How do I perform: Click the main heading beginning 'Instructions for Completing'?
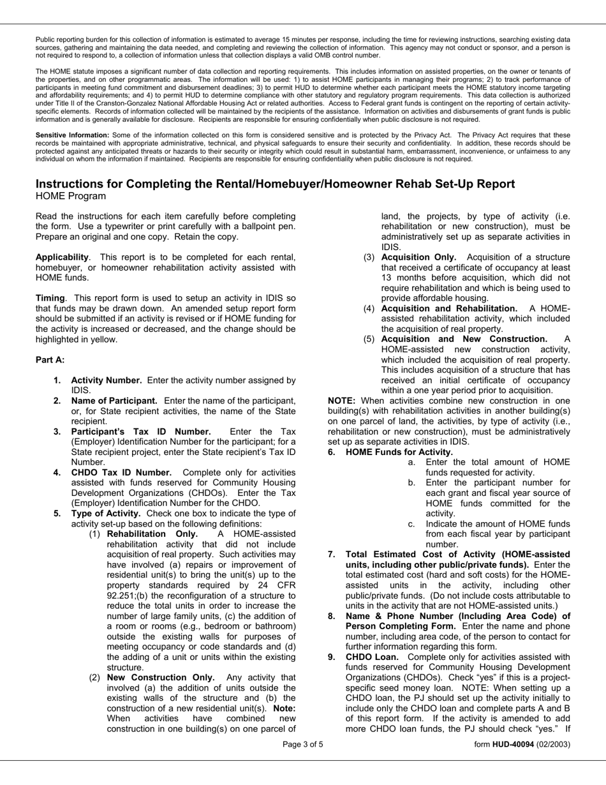(275, 184)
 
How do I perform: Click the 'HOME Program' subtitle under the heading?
(71, 196)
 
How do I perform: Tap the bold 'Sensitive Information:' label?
(72, 135)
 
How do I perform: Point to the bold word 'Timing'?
(50, 298)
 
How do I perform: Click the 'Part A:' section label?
(50, 360)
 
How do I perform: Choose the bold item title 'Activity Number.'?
(106, 380)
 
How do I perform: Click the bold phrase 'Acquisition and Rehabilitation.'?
(449, 308)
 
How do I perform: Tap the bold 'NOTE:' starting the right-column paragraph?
(341, 401)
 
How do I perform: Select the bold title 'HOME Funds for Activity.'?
(399, 452)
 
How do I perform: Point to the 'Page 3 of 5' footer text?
(303, 744)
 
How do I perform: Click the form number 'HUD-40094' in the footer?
(512, 744)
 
